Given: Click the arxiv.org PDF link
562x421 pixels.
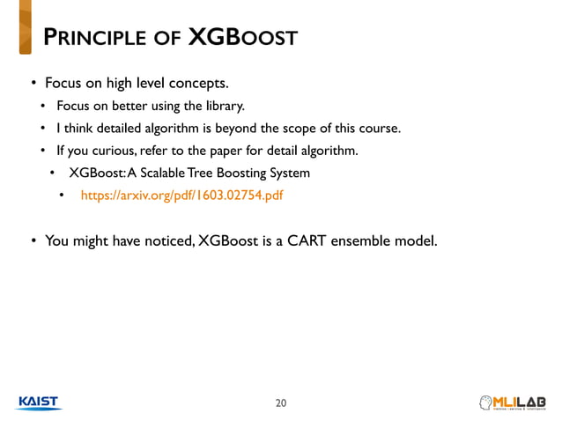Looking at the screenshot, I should click(x=182, y=195).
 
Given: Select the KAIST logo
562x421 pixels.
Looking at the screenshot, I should click(x=38, y=403).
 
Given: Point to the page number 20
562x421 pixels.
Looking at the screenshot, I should click(x=281, y=403).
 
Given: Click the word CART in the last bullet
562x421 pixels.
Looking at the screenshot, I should click(x=306, y=239).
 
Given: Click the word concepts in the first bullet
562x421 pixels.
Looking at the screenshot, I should click(x=200, y=85).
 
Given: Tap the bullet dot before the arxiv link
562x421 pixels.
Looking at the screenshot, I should click(x=62, y=195).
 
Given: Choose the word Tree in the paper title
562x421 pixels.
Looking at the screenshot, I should click(x=225, y=173).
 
